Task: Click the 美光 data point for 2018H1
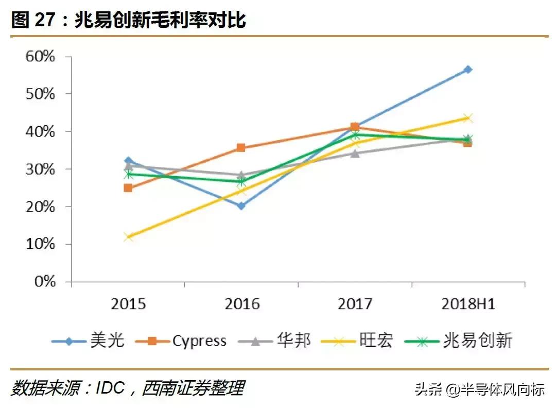click(x=467, y=70)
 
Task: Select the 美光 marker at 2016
click(x=241, y=206)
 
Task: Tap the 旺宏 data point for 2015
click(x=128, y=237)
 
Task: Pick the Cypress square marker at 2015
click(x=128, y=188)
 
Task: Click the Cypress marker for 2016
click(x=241, y=148)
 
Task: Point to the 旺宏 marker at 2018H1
click(x=467, y=118)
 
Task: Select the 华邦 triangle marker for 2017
click(x=355, y=153)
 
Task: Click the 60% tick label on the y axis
click(x=40, y=56)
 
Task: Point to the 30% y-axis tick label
click(x=40, y=169)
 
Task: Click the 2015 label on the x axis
click(x=128, y=304)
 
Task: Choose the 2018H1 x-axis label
click(x=468, y=304)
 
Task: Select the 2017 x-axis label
click(x=355, y=304)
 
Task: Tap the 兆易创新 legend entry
click(x=477, y=341)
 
